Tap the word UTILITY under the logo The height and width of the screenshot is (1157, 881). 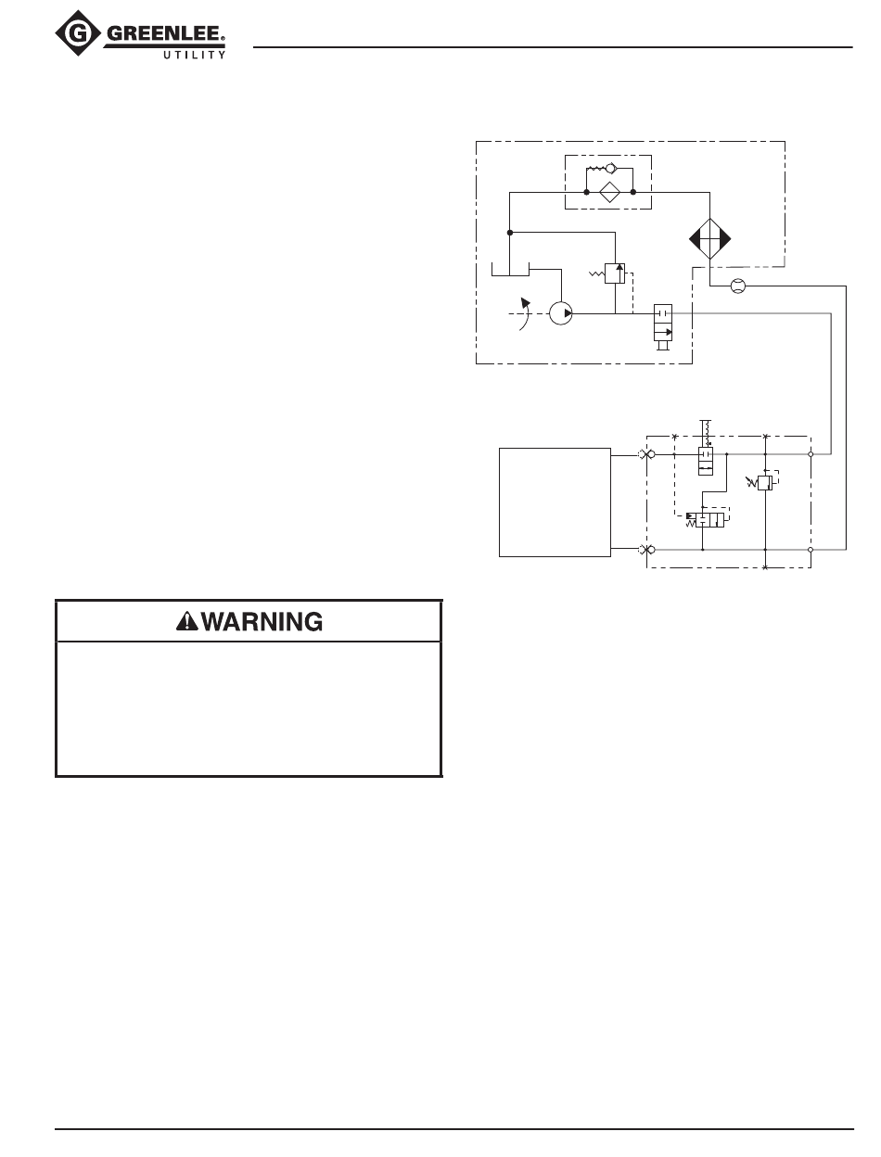point(190,56)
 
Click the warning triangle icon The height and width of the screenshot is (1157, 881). point(186,622)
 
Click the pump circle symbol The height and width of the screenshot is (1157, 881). point(560,313)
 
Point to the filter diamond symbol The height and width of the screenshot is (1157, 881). point(609,193)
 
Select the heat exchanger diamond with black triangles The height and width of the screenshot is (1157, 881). point(709,239)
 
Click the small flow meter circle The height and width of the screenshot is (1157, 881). point(738,286)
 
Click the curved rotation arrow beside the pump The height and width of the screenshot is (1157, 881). point(526,312)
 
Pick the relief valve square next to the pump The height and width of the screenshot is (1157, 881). point(614,273)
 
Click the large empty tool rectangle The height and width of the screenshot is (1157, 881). point(555,502)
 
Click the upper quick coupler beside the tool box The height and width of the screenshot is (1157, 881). point(645,454)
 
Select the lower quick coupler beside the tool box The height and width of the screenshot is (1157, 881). point(645,550)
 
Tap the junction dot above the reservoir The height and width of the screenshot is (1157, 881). point(510,232)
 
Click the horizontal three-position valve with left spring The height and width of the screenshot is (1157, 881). point(710,520)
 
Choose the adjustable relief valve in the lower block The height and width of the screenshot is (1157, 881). point(765,482)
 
